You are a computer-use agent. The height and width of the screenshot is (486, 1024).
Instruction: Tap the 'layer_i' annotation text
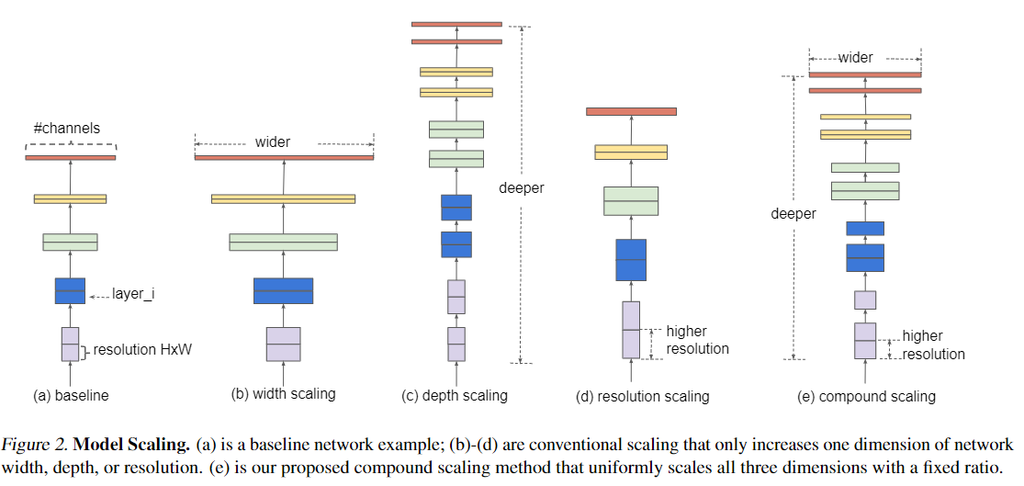[x=133, y=295]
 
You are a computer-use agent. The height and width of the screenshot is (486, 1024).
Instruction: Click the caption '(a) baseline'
[x=71, y=395]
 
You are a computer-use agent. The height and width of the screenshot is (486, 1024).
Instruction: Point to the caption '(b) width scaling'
[x=283, y=394]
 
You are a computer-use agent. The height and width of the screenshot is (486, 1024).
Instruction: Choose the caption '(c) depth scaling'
[x=455, y=395]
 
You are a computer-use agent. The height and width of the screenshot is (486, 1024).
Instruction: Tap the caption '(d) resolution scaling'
[x=643, y=396]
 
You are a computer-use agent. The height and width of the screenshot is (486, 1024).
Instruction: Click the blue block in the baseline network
[x=70, y=290]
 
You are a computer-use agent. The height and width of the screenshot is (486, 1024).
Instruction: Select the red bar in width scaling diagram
[x=284, y=157]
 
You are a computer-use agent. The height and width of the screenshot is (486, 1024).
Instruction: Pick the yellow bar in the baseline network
[x=70, y=198]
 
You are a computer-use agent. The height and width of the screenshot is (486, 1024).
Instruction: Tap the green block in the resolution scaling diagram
[x=631, y=200]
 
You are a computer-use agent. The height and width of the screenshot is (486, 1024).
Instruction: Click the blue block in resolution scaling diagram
[x=631, y=260]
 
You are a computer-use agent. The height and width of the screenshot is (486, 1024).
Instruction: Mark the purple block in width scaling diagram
[x=284, y=344]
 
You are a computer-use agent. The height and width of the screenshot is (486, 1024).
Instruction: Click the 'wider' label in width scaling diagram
[x=273, y=141]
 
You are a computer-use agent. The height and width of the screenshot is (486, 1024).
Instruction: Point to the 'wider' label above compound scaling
[x=856, y=58]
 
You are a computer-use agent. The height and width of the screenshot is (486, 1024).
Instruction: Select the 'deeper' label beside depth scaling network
[x=521, y=188]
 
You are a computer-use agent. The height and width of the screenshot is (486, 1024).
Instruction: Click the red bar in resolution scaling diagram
[x=631, y=111]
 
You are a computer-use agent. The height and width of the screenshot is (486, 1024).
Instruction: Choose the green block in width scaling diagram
[x=284, y=242]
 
